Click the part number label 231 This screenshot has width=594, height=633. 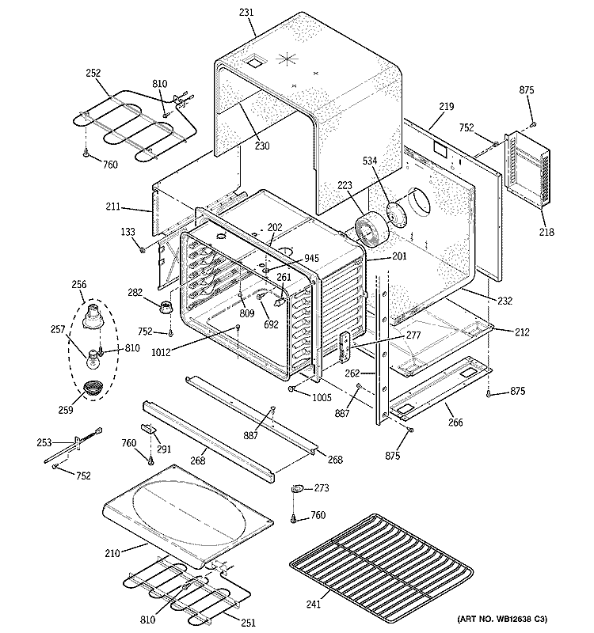tap(247, 12)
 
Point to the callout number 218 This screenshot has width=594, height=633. tap(546, 232)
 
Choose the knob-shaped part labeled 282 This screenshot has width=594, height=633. tap(166, 306)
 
